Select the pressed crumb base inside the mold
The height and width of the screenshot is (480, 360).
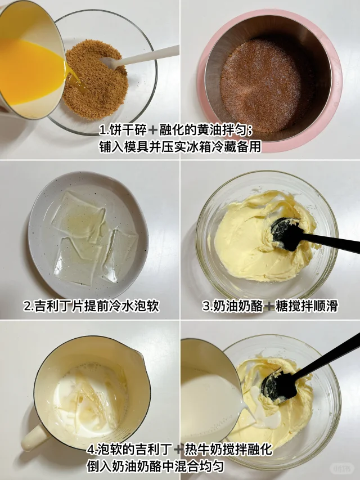click(x=260, y=85)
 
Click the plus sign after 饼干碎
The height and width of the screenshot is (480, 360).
click(x=152, y=131)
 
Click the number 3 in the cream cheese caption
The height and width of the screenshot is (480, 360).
click(x=206, y=306)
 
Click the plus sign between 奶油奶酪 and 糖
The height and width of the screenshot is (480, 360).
click(x=269, y=306)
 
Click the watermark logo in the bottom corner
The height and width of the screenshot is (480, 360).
click(x=342, y=468)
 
